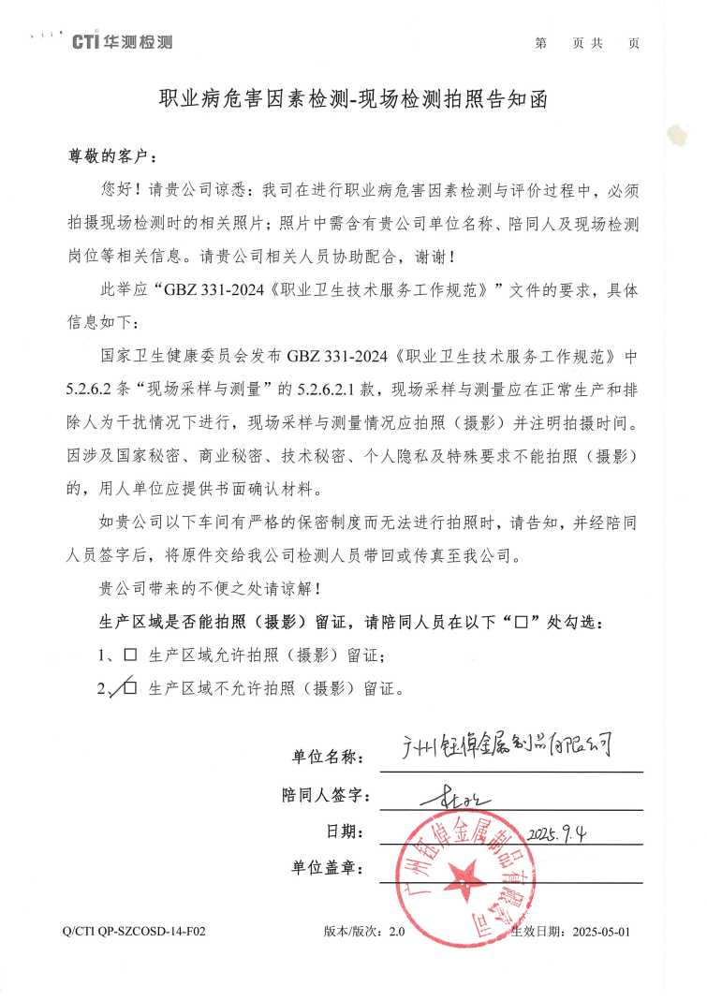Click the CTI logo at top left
[x=122, y=42]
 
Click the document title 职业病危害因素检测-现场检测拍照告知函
[x=352, y=98]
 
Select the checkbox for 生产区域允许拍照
[x=130, y=654]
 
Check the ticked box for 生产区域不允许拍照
[x=130, y=688]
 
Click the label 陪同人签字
[x=326, y=795]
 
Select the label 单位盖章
[x=326, y=868]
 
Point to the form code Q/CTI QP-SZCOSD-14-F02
[x=132, y=933]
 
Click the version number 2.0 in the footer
[x=397, y=933]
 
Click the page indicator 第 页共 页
[x=587, y=43]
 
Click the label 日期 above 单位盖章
[x=342, y=832]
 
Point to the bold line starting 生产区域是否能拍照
[x=351, y=622]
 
